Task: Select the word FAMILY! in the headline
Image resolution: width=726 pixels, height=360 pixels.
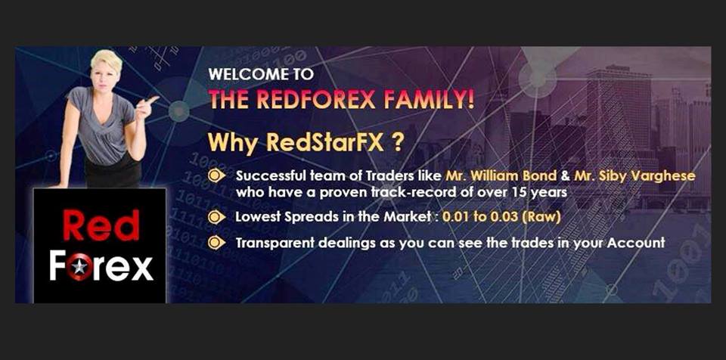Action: click(435, 100)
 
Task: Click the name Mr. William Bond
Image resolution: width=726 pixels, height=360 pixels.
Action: click(501, 176)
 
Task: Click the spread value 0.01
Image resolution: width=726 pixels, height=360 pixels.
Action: click(457, 217)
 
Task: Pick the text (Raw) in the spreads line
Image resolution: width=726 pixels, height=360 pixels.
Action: click(541, 217)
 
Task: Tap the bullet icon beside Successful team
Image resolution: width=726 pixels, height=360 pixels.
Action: click(216, 176)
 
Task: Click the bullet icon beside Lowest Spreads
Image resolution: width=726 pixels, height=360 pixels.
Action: click(216, 217)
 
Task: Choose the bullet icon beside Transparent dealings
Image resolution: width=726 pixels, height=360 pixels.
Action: click(216, 242)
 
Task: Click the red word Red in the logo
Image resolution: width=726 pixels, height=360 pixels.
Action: click(101, 225)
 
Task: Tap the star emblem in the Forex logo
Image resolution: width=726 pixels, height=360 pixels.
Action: click(79, 267)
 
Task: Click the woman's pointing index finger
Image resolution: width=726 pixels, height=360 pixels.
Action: click(152, 99)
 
